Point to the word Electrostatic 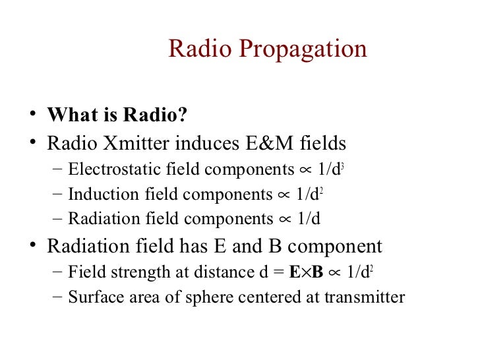click(109, 169)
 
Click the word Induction click(96, 195)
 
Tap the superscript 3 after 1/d click(344, 165)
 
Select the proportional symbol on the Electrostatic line click(305, 171)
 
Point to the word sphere click(201, 297)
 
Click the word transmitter click(365, 297)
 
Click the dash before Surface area click(57, 297)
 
